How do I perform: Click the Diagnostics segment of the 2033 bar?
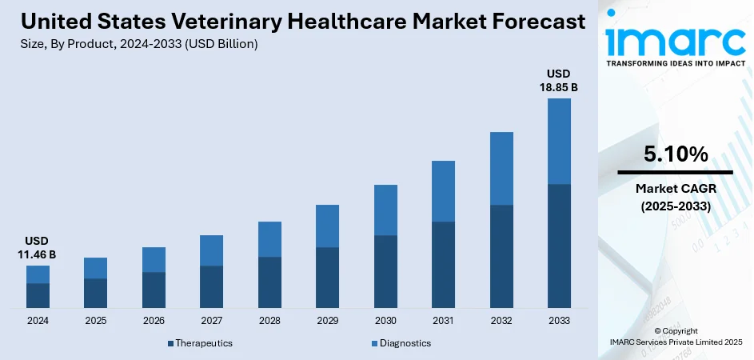[x=559, y=141]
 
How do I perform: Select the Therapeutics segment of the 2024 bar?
[x=38, y=295]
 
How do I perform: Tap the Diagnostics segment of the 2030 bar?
[x=385, y=210]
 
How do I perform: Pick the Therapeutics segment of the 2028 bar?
[x=269, y=282]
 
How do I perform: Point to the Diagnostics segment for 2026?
[x=154, y=259]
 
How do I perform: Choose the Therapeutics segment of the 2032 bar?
[x=501, y=256]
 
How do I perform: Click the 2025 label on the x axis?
[x=96, y=321]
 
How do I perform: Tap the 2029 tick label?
[x=327, y=321]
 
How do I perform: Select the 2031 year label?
[x=443, y=321]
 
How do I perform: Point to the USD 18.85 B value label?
[x=559, y=80]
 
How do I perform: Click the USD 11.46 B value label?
[x=38, y=247]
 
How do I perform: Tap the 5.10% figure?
[x=676, y=154]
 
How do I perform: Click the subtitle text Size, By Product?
[x=72, y=44]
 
